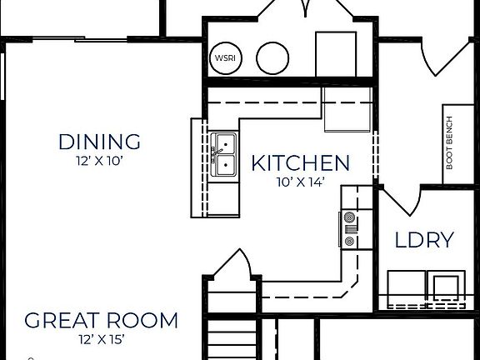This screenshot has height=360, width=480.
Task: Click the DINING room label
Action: tap(99, 141)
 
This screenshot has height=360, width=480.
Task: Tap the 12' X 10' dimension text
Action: tap(99, 161)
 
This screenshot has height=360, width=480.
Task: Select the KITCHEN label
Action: tap(300, 162)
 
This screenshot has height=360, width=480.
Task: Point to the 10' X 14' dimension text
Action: tap(300, 181)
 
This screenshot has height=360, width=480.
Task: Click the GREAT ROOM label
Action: tap(100, 320)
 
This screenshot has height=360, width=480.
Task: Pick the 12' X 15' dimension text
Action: tap(100, 339)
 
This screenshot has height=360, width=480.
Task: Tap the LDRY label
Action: tap(424, 241)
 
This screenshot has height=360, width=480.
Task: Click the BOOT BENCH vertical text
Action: tap(448, 142)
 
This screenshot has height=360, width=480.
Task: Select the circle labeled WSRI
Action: tap(224, 57)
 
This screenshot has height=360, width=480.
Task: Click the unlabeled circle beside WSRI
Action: tap(271, 57)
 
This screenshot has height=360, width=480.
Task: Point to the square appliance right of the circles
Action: tap(337, 54)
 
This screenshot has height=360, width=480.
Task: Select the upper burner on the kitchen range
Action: tap(349, 221)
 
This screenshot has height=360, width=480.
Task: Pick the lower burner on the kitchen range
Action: tap(349, 241)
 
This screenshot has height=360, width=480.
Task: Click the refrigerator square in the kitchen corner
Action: tap(348, 113)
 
